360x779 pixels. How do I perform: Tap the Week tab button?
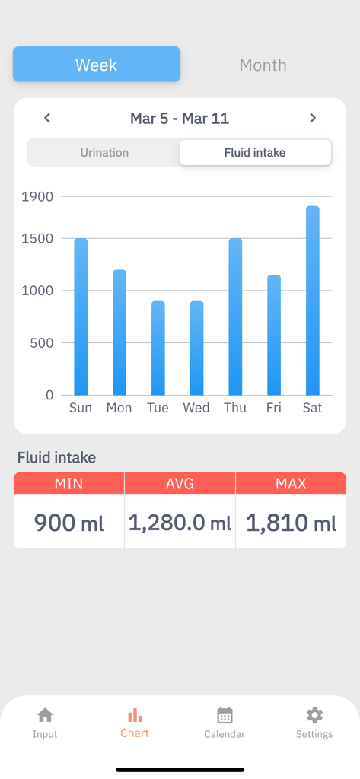click(97, 65)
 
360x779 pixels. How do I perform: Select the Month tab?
click(263, 65)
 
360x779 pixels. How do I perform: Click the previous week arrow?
click(47, 118)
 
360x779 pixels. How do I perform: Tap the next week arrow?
click(313, 118)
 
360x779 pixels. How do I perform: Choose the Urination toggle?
click(104, 152)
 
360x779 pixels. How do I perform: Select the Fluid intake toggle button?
click(255, 152)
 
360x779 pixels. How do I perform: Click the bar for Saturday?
click(312, 300)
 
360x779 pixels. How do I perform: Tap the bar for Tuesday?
click(158, 348)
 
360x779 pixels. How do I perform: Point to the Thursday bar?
click(235, 316)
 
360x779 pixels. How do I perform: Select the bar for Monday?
click(119, 332)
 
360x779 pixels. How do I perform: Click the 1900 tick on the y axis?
click(37, 196)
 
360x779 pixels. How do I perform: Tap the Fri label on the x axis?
click(273, 408)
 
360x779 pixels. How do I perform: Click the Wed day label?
click(196, 408)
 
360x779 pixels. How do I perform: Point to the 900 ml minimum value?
click(68, 523)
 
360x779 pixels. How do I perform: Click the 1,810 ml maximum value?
click(291, 523)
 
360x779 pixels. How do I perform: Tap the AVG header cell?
click(180, 483)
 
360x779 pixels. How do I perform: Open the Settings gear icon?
click(314, 715)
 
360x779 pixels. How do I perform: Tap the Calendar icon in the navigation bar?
click(225, 715)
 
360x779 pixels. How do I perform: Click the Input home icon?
click(45, 715)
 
